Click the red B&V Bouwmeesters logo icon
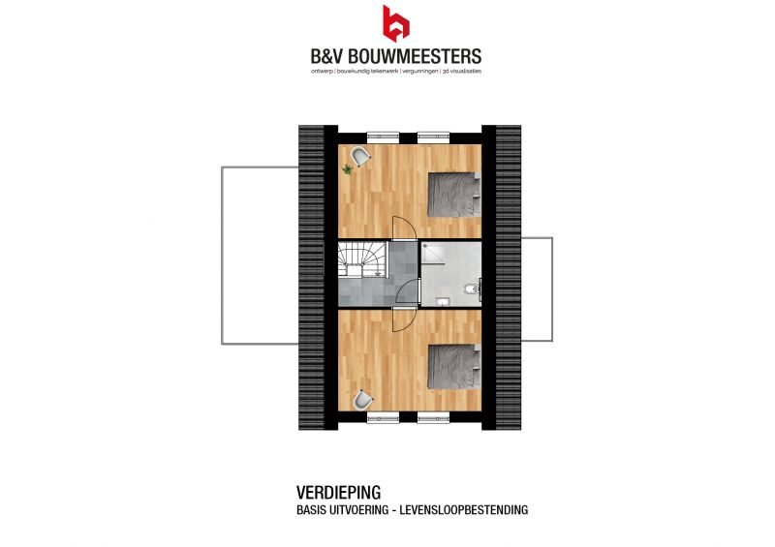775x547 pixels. pos(395,23)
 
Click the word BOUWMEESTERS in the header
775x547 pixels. pos(416,56)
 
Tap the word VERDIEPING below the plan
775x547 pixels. pos(338,493)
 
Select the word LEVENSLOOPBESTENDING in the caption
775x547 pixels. pos(464,510)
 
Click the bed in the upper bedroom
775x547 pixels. pos(453,195)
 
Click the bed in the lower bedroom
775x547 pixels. pos(453,367)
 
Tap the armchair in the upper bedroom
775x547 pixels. pos(360,157)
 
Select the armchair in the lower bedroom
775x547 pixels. pos(363,400)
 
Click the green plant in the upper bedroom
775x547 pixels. pos(348,170)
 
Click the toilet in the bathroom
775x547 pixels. pos(471,289)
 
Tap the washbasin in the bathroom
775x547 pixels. pos(442,301)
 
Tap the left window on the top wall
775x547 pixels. pos(383,137)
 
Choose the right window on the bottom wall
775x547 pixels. pos(433,417)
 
